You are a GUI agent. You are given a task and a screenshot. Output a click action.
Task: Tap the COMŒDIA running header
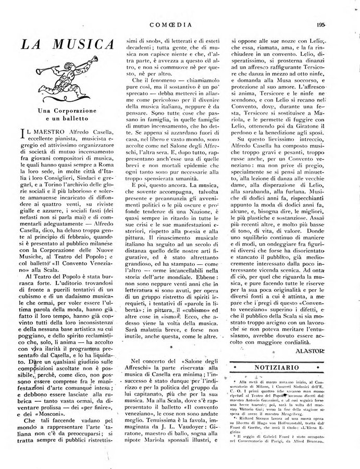180,23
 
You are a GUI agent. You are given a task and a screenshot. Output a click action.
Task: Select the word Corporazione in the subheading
76,112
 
